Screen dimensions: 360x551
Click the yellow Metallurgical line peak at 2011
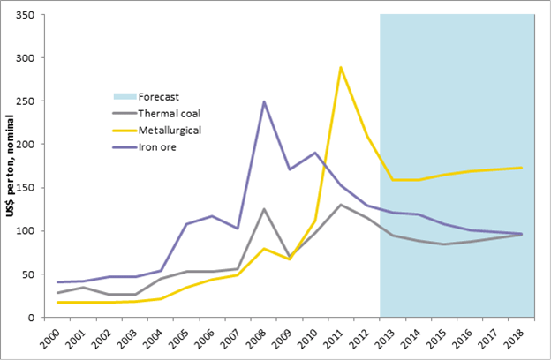340,67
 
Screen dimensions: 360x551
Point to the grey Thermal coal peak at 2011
340,205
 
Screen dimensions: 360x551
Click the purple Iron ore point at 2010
314,153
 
